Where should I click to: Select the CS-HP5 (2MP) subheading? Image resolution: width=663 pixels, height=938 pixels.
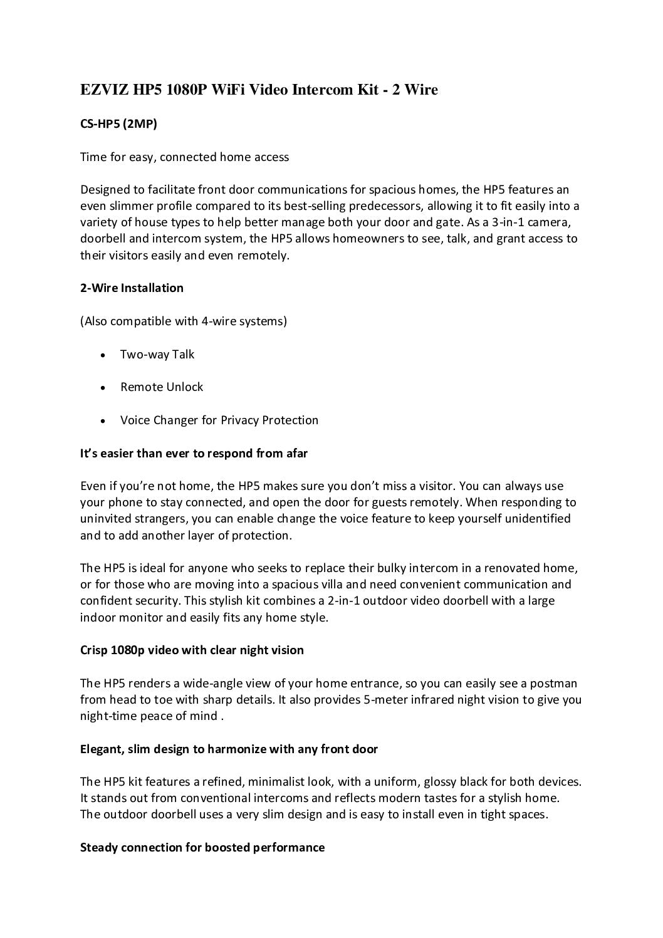point(118,124)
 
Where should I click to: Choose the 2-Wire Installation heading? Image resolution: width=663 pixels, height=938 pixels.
point(132,288)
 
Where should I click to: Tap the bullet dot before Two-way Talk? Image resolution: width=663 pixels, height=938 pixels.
point(102,355)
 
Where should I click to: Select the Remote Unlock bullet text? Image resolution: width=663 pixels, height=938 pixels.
point(162,387)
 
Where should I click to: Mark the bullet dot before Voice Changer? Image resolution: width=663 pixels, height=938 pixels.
point(102,421)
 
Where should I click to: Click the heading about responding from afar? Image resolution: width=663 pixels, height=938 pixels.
point(194,453)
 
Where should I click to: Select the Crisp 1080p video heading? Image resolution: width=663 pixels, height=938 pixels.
point(192,650)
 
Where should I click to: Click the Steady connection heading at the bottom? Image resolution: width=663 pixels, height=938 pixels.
point(202,848)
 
